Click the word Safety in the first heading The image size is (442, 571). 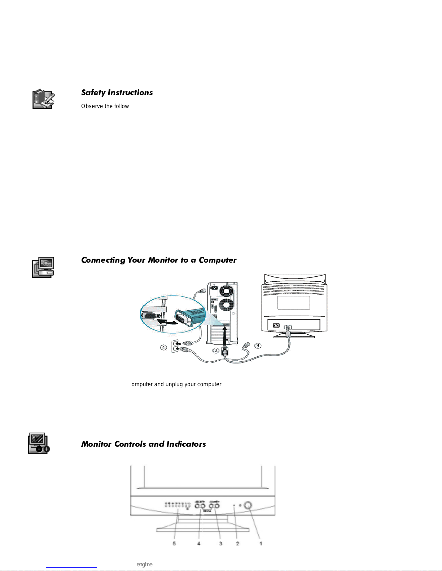tap(93, 93)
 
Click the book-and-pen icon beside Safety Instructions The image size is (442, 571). tap(43, 99)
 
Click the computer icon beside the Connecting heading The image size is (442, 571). tap(43, 267)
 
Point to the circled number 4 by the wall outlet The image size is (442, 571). tap(163, 347)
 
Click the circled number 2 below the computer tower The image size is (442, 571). tap(215, 350)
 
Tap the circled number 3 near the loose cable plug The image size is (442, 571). tap(258, 346)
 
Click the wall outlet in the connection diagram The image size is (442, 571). tap(175, 346)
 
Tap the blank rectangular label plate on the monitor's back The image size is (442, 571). tap(293, 303)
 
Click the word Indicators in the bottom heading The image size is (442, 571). tap(186, 444)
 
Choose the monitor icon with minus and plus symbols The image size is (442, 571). tap(39, 443)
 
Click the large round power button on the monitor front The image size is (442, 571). tap(248, 505)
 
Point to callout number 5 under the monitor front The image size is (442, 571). tap(174, 543)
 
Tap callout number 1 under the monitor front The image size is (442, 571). tap(261, 543)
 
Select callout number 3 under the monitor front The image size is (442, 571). tap(220, 543)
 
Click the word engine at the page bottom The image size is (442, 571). tap(144, 565)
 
